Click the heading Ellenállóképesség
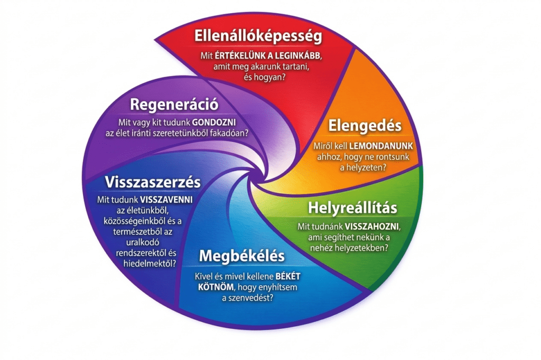[258, 36]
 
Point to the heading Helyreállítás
[353, 207]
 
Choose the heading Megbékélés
[241, 256]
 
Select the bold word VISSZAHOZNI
[373, 226]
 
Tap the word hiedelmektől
[151, 262]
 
